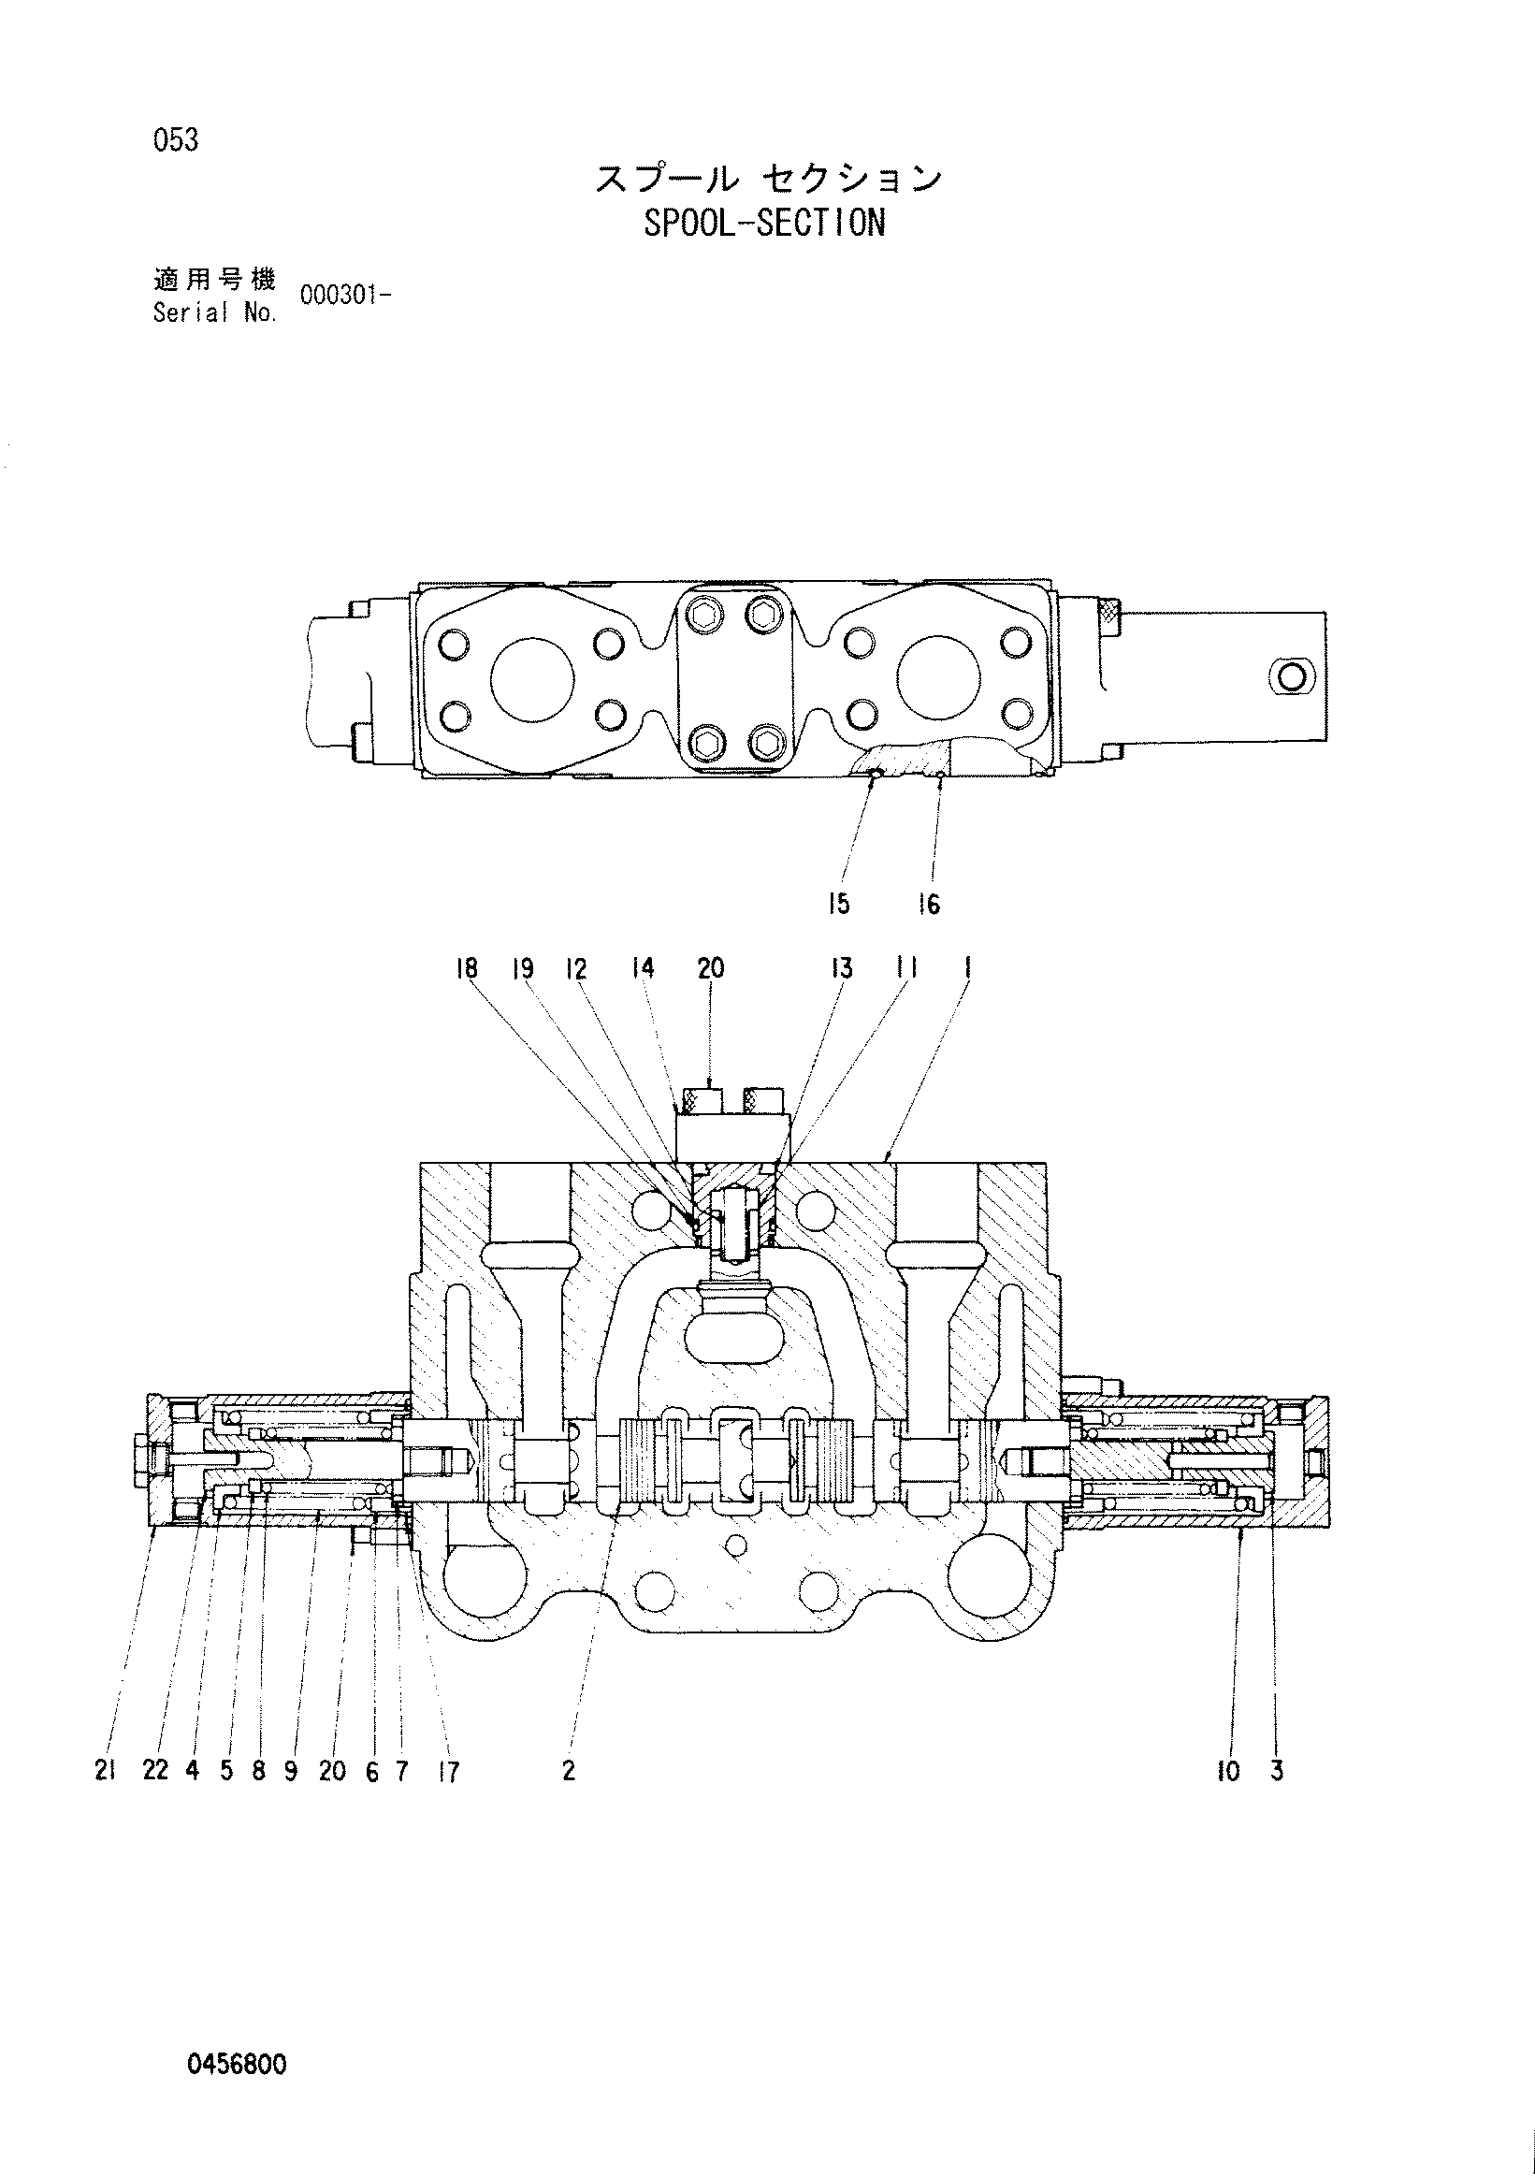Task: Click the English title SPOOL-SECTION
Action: (763, 224)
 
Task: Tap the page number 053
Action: (175, 140)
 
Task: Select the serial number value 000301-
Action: (346, 296)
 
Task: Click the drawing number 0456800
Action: (237, 2064)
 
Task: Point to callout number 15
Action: (838, 904)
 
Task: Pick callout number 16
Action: (929, 905)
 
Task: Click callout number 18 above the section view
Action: (466, 967)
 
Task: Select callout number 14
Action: (643, 967)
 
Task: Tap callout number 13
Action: (842, 967)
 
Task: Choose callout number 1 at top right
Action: (967, 967)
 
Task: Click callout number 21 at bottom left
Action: (105, 1770)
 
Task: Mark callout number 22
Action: (155, 1770)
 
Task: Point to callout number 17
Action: (448, 1771)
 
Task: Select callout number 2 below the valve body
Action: (569, 1770)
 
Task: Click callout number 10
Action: (1228, 1770)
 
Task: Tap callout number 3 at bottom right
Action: (1277, 1770)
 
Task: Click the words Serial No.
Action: (215, 313)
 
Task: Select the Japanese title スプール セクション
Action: (769, 178)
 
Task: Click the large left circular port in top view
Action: (532, 678)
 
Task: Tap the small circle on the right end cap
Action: (1290, 676)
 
